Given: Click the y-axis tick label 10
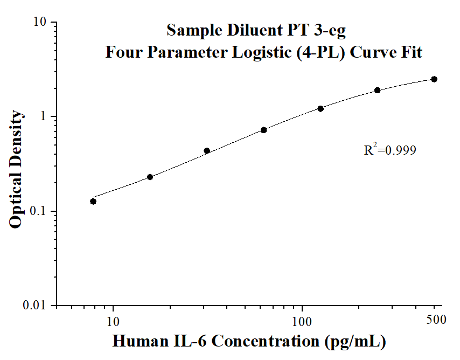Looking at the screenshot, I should [x=41, y=22].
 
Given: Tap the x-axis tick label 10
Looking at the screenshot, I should [x=113, y=322].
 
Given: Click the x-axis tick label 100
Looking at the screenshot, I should [x=302, y=322].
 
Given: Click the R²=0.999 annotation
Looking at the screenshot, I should [x=389, y=150].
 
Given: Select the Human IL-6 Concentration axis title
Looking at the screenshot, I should [x=249, y=341].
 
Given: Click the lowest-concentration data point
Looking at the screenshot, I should [x=93, y=202].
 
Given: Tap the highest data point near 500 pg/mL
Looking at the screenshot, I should [x=434, y=79].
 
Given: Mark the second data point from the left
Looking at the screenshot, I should [x=150, y=177].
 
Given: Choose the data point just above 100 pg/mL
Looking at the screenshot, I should [x=320, y=108].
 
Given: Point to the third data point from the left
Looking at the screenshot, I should [x=207, y=151].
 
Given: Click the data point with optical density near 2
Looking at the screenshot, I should [x=378, y=90].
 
